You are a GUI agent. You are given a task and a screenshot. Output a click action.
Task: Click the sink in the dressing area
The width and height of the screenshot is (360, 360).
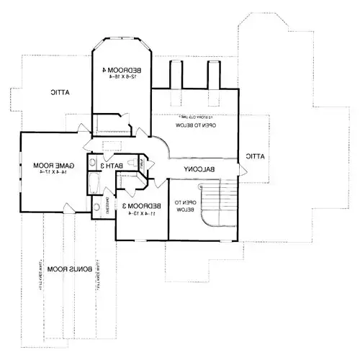[x=96, y=209]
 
